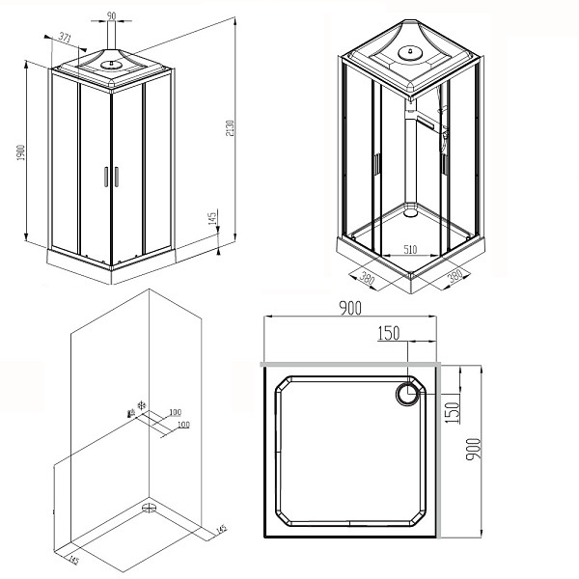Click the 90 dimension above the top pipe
pos(111,16)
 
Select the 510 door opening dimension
pos(409,249)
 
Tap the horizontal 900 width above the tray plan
pos(349,308)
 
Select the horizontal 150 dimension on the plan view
pos(388,333)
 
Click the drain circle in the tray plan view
pos(410,392)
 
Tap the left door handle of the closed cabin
pos(105,176)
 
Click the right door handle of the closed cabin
pos(115,176)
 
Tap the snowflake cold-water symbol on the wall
pos(143,405)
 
